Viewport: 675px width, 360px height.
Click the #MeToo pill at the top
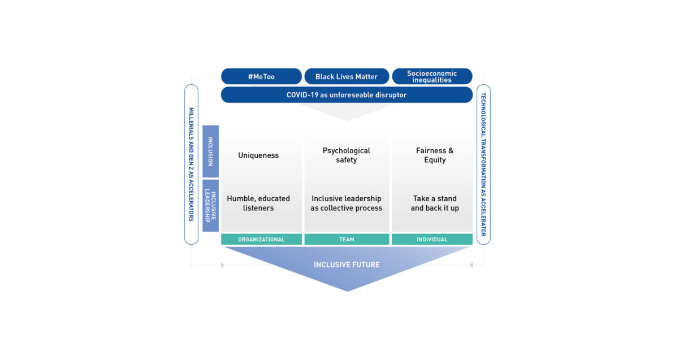[x=261, y=76]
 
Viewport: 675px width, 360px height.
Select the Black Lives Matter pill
[x=347, y=76]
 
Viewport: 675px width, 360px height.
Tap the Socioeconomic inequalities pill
[x=432, y=76]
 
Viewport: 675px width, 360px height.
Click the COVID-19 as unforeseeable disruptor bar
[x=347, y=95]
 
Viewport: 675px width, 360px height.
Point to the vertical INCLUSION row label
[x=210, y=151]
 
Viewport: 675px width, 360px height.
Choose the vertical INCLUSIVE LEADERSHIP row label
[x=210, y=206]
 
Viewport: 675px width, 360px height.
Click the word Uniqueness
[x=258, y=155]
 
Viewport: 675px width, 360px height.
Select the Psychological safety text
[x=347, y=155]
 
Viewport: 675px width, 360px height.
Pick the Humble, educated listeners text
[x=258, y=203]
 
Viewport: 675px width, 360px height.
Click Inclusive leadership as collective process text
[x=347, y=203]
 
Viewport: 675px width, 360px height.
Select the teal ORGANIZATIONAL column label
[x=261, y=240]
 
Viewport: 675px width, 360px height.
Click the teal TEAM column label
[x=347, y=240]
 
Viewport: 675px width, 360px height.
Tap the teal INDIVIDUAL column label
[x=432, y=240]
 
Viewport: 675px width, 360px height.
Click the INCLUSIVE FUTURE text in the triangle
[x=347, y=264]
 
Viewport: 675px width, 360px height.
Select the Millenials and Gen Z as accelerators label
[x=191, y=164]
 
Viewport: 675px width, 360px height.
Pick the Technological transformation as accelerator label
[x=483, y=164]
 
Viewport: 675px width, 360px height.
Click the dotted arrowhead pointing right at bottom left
[x=223, y=265]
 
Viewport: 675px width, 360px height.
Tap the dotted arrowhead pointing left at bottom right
[x=471, y=265]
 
